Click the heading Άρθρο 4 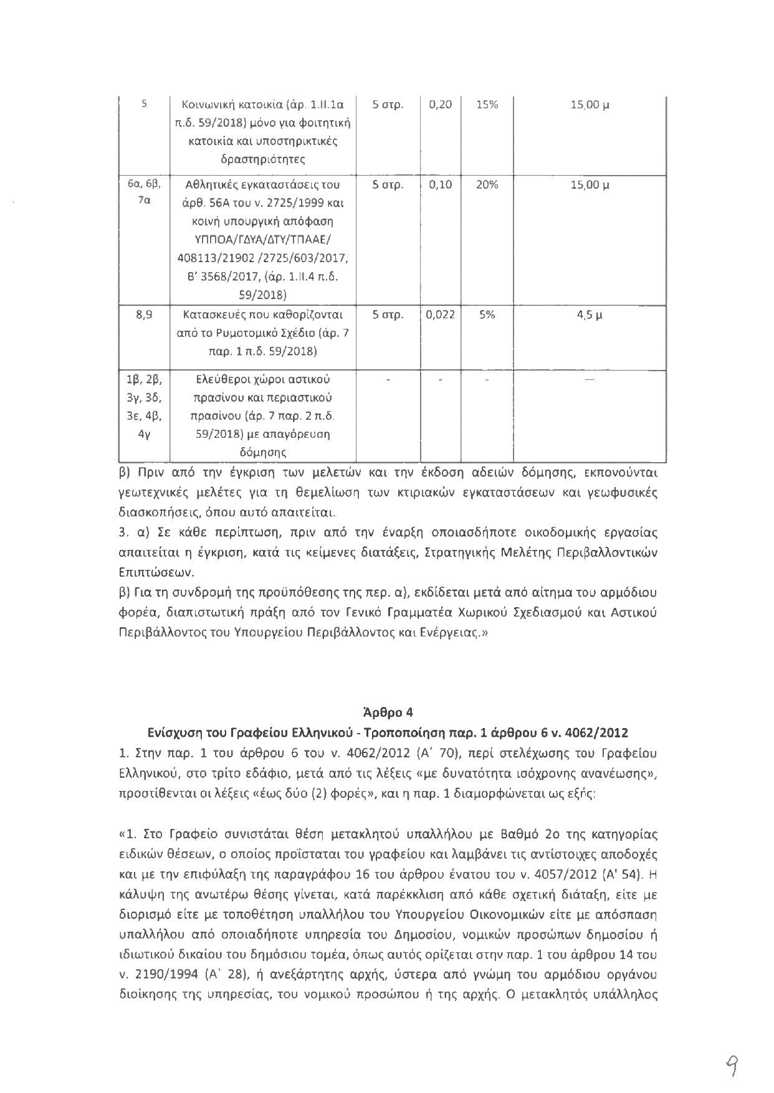click(x=387, y=712)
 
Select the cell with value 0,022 click(x=440, y=315)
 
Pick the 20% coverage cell click(x=487, y=185)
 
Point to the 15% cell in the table click(x=487, y=105)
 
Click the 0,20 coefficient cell click(x=441, y=105)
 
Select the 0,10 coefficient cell click(x=441, y=185)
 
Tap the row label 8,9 click(x=144, y=315)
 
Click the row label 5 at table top click(x=144, y=105)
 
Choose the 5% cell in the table click(x=487, y=315)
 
